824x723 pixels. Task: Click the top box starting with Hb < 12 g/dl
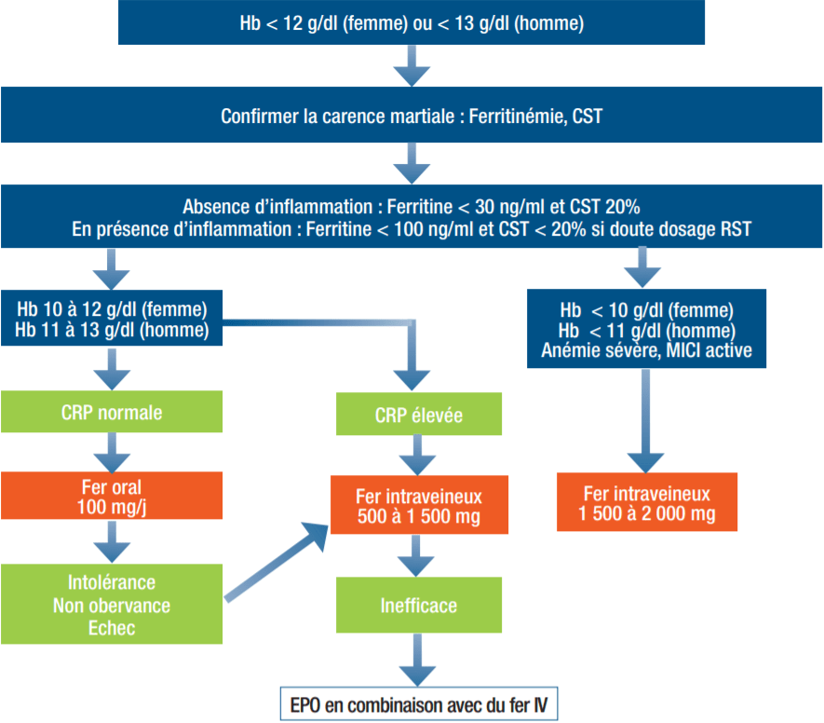click(411, 23)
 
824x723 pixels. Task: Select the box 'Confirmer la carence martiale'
click(411, 116)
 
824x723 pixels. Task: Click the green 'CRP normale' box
click(112, 412)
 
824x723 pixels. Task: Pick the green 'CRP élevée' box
click(419, 415)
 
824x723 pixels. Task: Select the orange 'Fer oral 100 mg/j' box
click(112, 496)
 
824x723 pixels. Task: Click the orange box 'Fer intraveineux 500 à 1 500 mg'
click(419, 504)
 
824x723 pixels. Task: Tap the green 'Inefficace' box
click(419, 606)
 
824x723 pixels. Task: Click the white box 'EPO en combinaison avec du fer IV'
click(419, 703)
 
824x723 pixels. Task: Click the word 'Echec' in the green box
click(112, 628)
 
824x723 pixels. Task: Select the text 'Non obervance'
click(112, 607)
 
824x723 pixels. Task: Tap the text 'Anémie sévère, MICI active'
click(646, 351)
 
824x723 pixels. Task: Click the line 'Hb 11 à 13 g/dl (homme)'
click(112, 330)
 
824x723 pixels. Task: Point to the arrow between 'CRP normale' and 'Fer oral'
click(112, 454)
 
